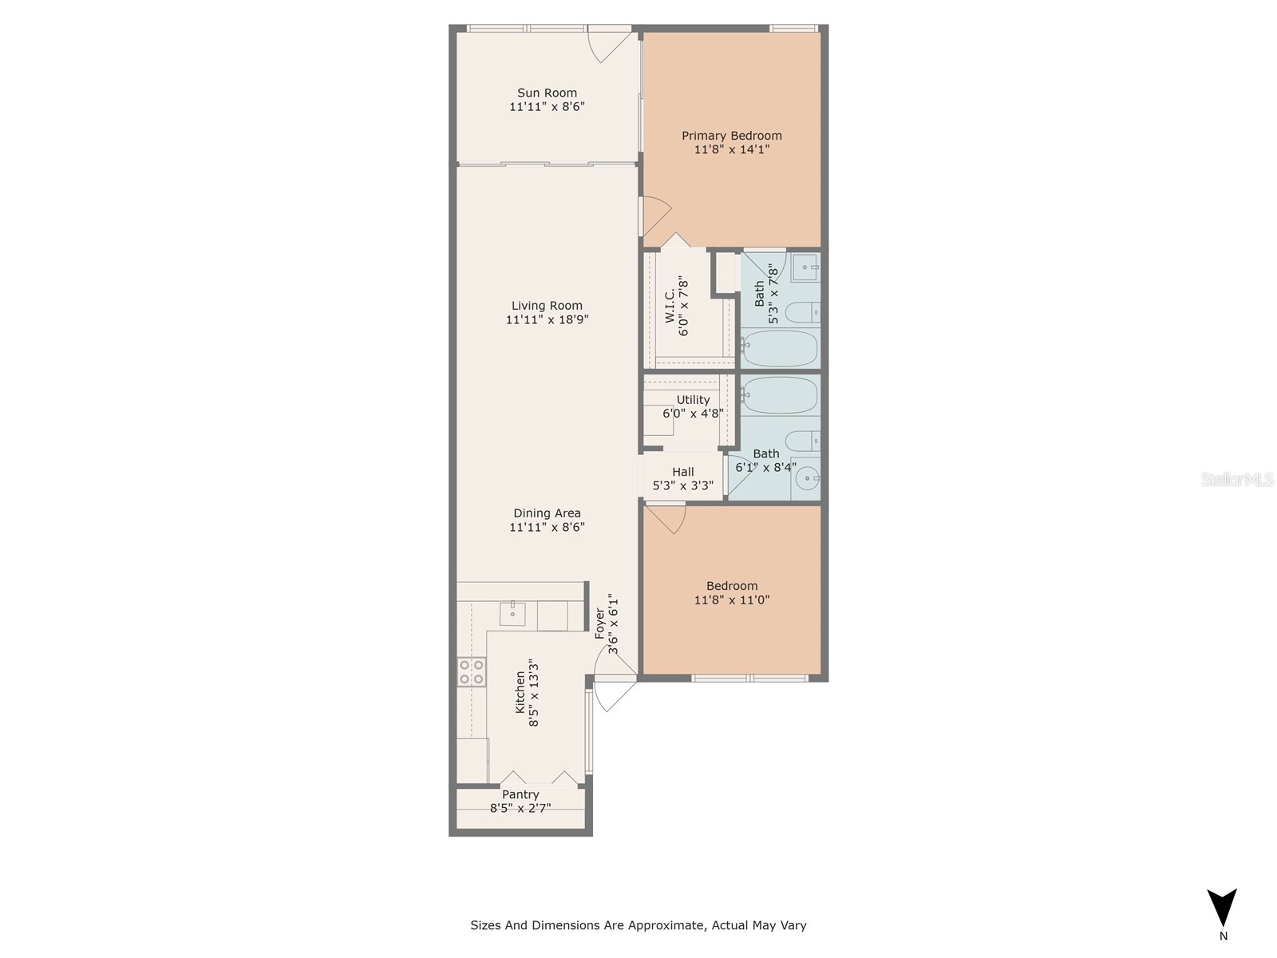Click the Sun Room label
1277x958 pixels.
(547, 93)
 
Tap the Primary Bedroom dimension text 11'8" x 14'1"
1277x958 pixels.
(731, 149)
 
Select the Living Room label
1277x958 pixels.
(547, 305)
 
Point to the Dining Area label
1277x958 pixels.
(547, 513)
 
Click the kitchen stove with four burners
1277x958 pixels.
(472, 672)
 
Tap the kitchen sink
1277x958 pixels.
(512, 613)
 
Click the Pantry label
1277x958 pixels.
(520, 794)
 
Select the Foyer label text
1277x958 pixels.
(600, 623)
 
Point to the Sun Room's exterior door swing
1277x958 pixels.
(607, 45)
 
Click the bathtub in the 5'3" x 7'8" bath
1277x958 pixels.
(780, 348)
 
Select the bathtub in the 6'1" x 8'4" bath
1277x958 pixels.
(780, 395)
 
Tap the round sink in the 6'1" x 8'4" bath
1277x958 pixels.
(808, 479)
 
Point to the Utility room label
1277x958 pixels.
(693, 400)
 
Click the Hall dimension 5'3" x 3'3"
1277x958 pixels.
(683, 485)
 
